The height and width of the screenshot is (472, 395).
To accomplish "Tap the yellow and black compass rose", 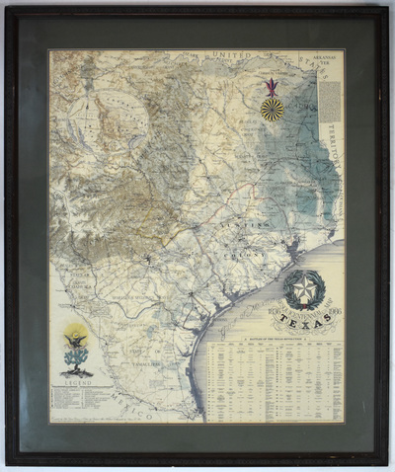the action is coord(273,109).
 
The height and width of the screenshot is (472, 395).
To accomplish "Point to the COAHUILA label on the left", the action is coord(76,272).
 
